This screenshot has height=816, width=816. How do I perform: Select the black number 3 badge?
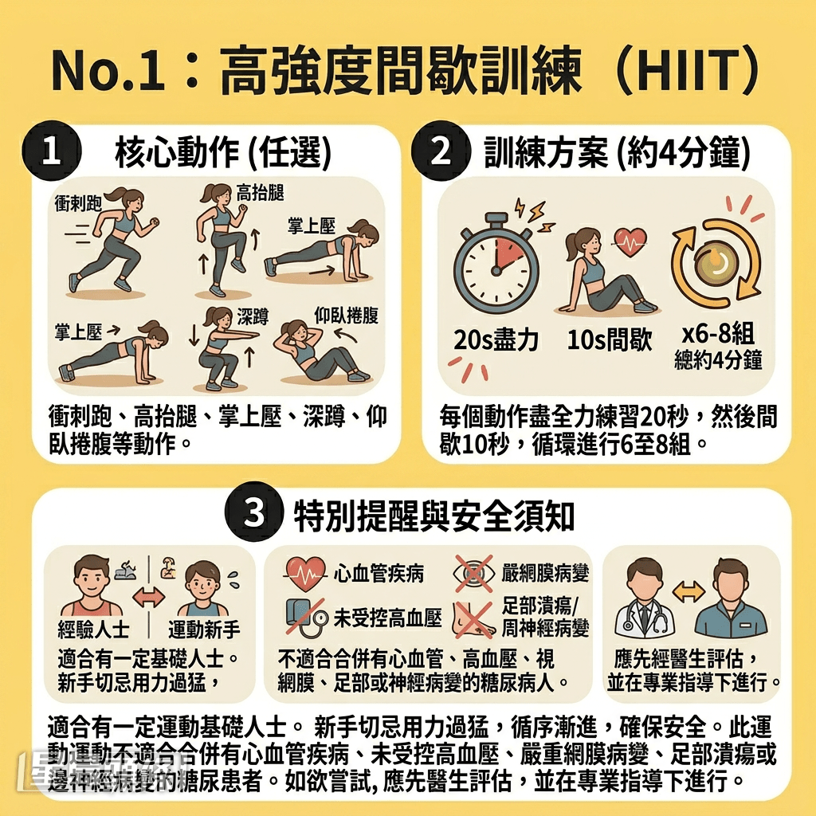click(254, 514)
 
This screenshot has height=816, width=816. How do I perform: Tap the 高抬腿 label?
click(261, 192)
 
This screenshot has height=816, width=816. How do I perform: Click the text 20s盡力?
click(496, 341)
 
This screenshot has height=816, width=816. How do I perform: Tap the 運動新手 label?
click(203, 630)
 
